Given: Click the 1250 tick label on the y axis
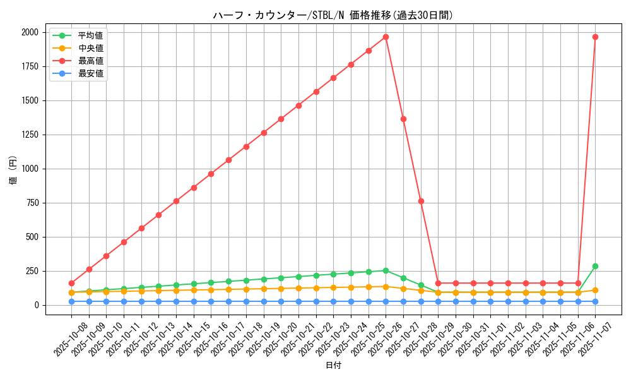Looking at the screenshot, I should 29,135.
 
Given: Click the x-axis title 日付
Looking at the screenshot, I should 333,366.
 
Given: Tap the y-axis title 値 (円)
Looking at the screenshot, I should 13,169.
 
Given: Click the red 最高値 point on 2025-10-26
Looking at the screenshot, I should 386,37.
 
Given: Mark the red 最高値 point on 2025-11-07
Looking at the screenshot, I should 595,37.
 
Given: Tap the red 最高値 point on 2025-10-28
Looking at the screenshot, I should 421,201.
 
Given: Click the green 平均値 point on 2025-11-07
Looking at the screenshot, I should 595,266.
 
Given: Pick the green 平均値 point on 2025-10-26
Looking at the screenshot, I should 386,270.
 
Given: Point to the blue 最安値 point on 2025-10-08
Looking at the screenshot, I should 71,301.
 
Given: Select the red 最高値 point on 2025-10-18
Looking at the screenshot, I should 246,147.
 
